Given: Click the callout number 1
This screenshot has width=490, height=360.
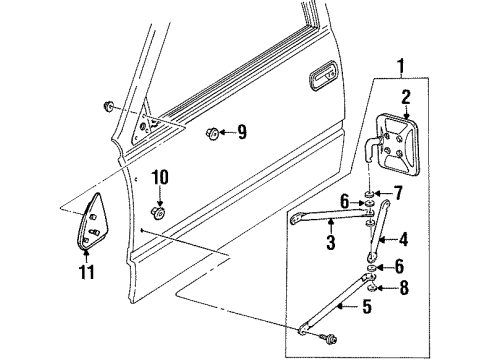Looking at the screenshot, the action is point(401,66).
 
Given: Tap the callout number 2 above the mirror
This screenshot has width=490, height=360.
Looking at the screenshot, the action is point(405,97).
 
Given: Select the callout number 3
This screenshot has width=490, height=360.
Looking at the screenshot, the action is point(330,242).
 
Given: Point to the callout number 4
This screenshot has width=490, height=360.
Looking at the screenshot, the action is point(403,239).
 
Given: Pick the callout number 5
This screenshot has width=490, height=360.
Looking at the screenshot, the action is point(367,306).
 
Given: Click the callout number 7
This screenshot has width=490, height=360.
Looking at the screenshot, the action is point(398,193).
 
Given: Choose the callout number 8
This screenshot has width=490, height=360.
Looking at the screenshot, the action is point(404,287).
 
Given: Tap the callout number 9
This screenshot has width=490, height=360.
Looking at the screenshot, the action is point(242,132).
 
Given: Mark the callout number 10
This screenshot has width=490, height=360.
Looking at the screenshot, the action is point(160,177).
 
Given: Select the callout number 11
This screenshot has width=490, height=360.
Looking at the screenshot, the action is point(87,272).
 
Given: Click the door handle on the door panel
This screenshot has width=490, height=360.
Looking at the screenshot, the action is point(323,75).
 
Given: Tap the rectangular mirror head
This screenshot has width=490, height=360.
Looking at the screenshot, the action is point(397,144).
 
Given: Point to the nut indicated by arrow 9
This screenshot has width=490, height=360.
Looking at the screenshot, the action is point(212,133).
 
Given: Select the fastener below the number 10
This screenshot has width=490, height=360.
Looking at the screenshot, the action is point(158,213).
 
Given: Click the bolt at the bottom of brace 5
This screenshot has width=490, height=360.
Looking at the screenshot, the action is point(328,339).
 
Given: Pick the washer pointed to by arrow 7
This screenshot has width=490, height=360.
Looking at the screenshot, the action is point(368,194).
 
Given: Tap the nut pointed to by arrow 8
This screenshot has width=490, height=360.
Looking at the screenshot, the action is point(372,287).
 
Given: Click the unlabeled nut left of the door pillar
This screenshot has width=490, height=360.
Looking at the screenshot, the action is point(107,106).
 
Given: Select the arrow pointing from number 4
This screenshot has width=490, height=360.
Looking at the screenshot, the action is point(388,239).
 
